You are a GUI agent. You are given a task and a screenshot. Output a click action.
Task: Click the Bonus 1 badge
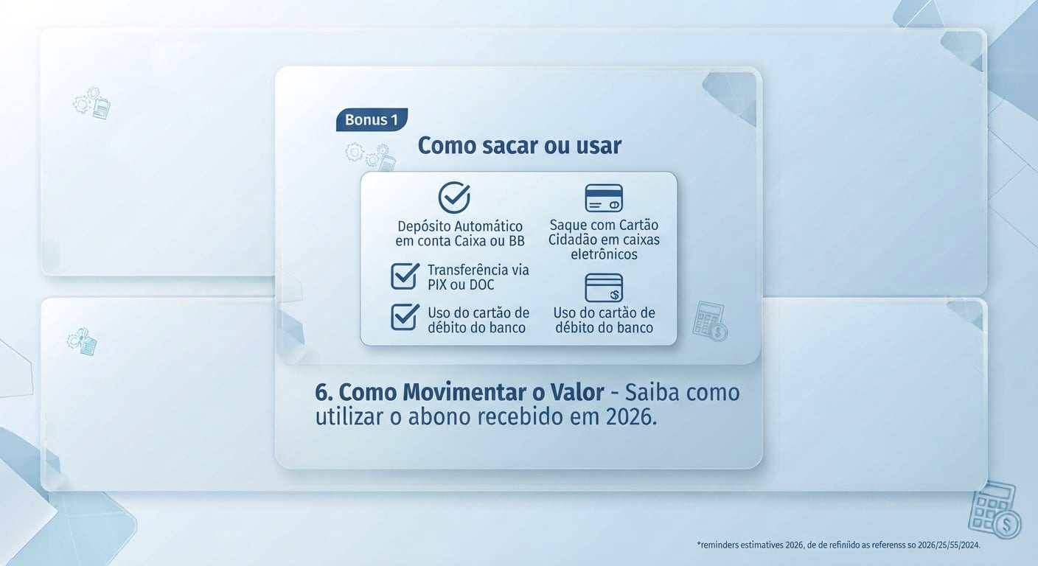click(x=372, y=120)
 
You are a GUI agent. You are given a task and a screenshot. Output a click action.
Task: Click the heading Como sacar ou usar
click(x=520, y=145)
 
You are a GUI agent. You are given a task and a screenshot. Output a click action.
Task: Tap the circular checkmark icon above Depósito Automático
click(x=454, y=198)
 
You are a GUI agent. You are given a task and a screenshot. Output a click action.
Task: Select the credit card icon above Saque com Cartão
click(x=604, y=198)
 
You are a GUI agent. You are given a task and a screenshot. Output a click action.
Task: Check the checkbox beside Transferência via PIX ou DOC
click(x=405, y=276)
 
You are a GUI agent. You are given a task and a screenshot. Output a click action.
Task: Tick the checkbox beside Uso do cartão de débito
click(x=405, y=317)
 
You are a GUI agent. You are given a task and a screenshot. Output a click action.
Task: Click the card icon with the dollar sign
click(x=604, y=287)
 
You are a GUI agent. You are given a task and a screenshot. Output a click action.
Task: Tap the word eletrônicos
click(x=604, y=254)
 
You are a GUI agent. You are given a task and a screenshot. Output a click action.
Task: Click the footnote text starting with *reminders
click(x=839, y=545)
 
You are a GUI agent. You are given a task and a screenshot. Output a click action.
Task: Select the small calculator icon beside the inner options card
click(x=710, y=321)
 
